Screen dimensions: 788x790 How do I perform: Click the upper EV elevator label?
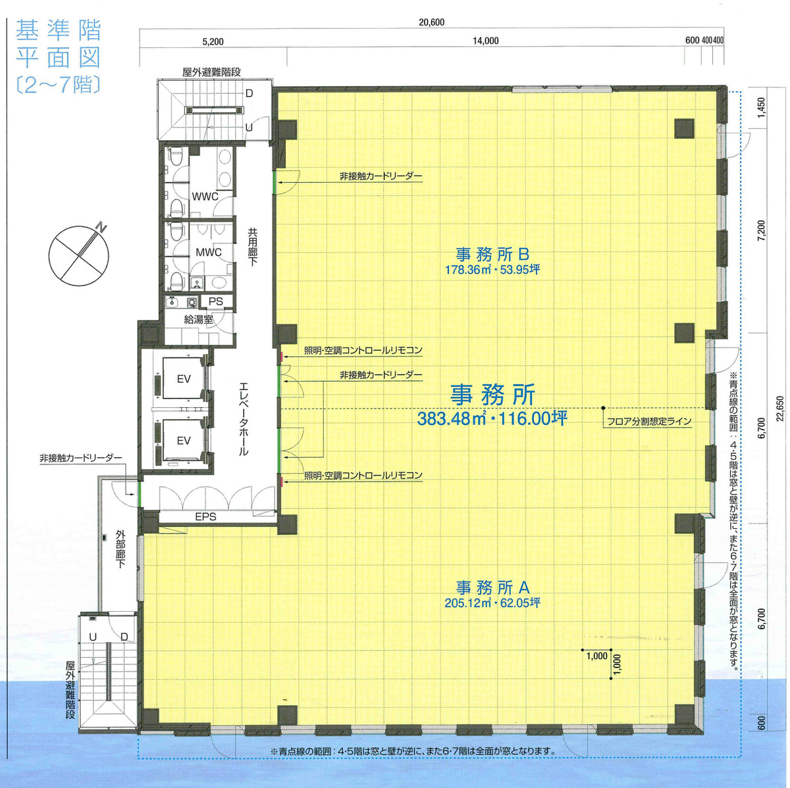pos(184,379)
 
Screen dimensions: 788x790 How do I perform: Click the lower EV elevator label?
pos(184,440)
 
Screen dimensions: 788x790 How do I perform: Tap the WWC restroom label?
pos(204,196)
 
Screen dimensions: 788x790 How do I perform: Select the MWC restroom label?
pos(208,252)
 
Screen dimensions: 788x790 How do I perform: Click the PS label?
pos(216,301)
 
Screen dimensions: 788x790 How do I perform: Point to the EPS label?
pos(205,517)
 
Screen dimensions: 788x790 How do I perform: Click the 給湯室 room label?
pos(198,320)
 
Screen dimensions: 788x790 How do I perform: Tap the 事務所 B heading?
pos(493,253)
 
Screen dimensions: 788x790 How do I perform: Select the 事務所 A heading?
pos(493,586)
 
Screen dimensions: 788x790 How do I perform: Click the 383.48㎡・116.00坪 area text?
pos(492,419)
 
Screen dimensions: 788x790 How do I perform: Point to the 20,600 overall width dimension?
pos(431,22)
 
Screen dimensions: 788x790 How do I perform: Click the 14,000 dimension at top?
pos(485,41)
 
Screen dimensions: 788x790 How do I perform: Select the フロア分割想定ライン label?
pos(650,422)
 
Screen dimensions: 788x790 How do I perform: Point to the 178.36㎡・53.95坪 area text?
pos(492,270)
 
